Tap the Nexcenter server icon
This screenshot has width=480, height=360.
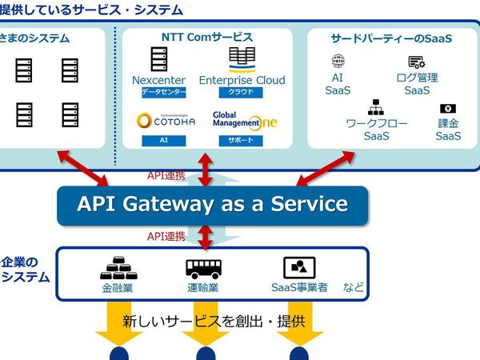[x=158, y=59]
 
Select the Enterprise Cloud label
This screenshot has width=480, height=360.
[x=242, y=80]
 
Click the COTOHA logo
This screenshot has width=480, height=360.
[x=166, y=121]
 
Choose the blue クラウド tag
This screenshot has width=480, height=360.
[x=241, y=92]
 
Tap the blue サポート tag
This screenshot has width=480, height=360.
[x=241, y=140]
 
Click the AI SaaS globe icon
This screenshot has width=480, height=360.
[x=338, y=61]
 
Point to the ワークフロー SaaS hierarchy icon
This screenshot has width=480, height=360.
[x=376, y=106]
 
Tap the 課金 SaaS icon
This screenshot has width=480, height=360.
[x=447, y=109]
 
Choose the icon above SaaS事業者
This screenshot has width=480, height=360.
[x=299, y=267]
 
